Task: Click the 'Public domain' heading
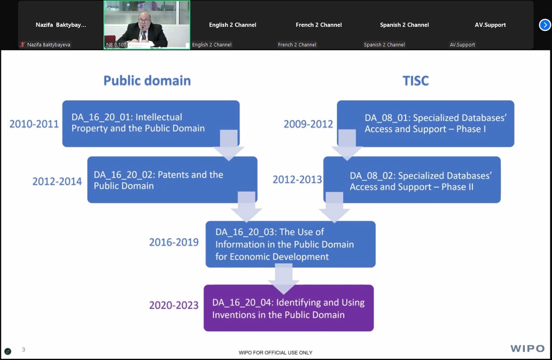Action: (147, 81)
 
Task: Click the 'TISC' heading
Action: (416, 81)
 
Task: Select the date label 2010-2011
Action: (34, 124)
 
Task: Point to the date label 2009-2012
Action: (308, 124)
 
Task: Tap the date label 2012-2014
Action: (57, 182)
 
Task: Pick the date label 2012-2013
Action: (297, 179)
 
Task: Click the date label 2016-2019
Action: (174, 242)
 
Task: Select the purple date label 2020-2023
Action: (174, 305)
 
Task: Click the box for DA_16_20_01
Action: (151, 124)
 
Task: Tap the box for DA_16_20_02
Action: (172, 180)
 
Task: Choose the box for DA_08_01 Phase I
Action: (426, 124)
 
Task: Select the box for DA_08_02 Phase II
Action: (412, 180)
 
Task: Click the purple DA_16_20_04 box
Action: (289, 308)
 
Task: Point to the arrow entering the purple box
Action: (284, 279)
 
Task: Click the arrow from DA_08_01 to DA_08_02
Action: (347, 145)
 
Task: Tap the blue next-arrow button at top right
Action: (545, 25)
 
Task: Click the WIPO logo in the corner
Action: (527, 348)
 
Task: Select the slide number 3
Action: (23, 349)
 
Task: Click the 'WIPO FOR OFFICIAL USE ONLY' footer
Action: (276, 353)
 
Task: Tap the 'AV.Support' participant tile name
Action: (490, 25)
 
